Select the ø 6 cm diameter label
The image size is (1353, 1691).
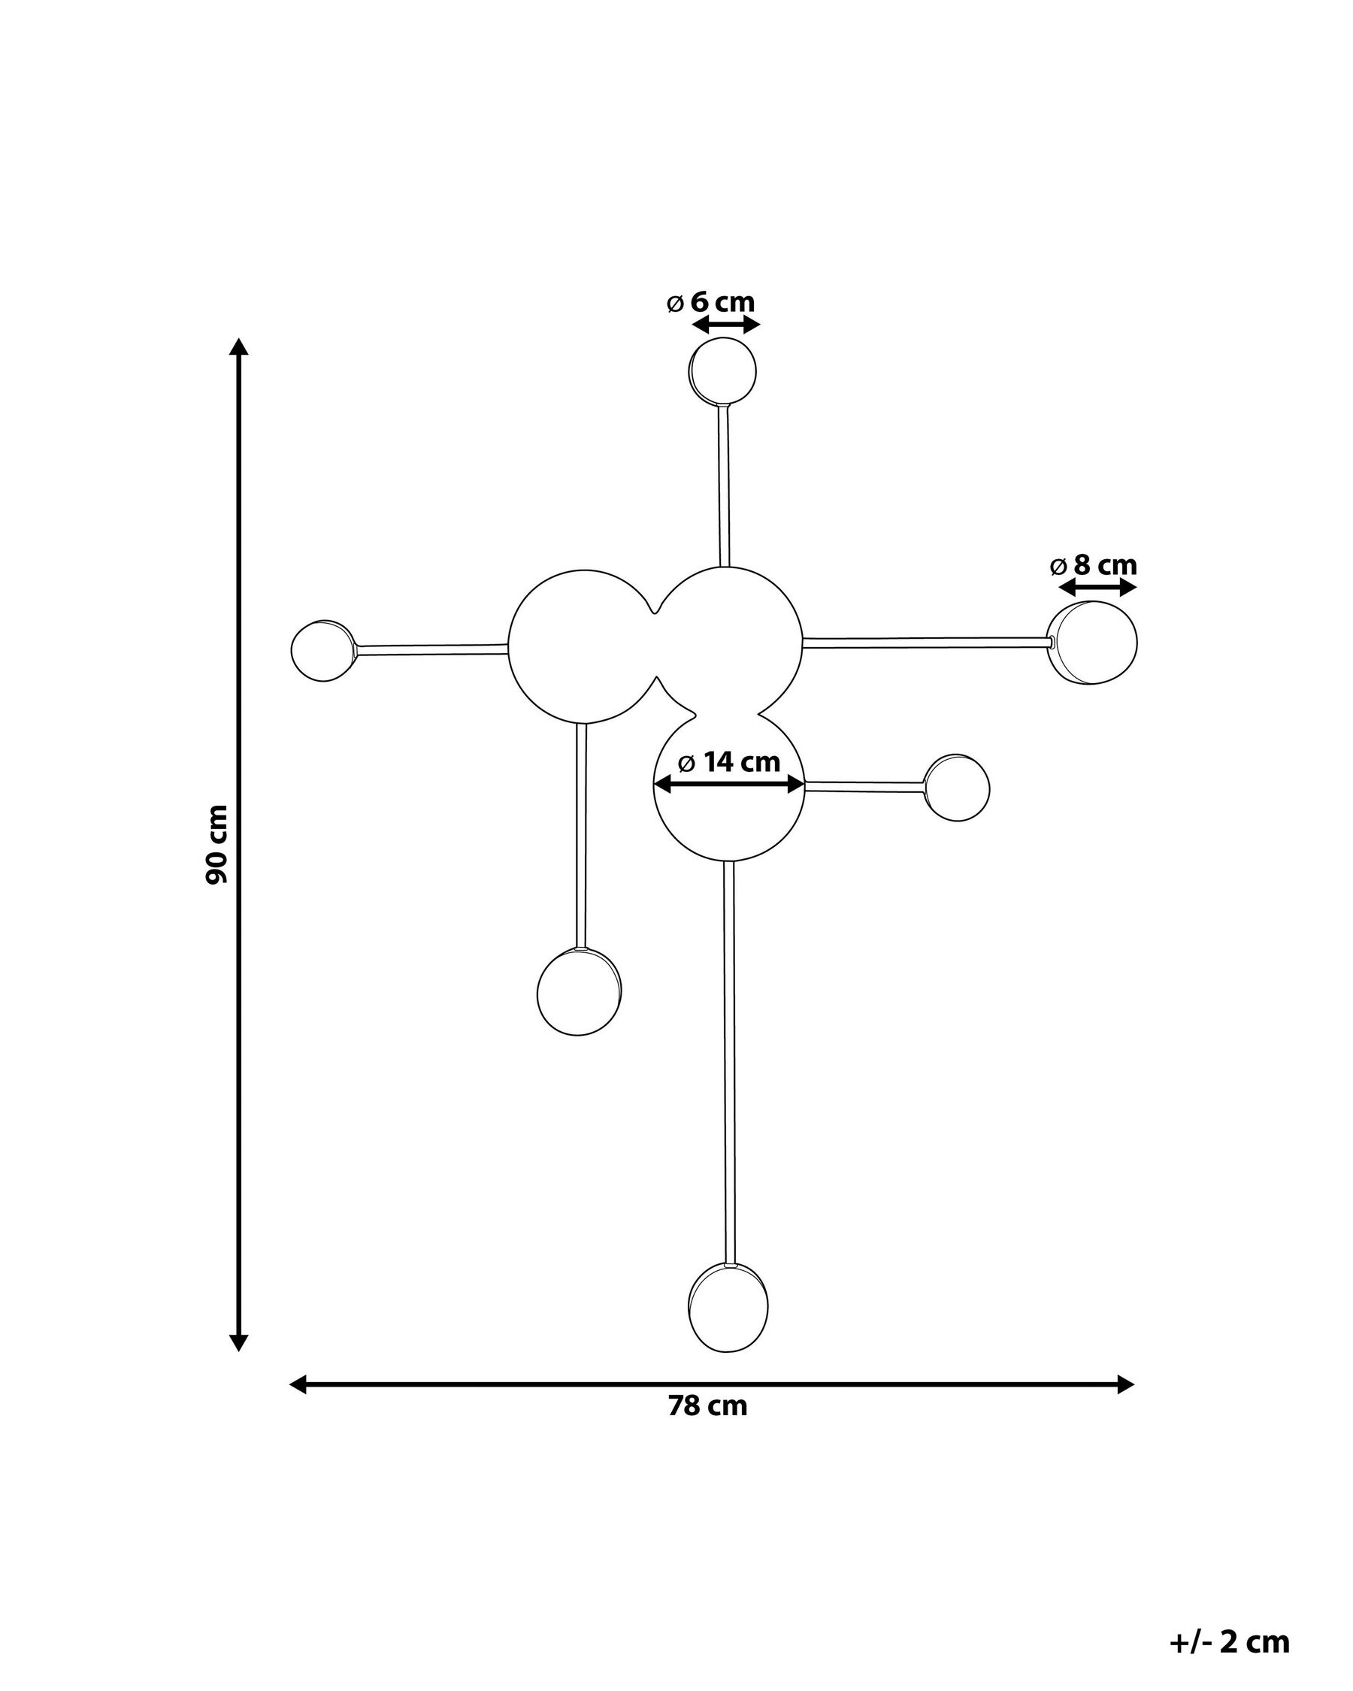[710, 302]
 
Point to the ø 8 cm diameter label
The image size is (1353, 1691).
[1094, 564]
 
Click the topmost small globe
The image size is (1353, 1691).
[722, 371]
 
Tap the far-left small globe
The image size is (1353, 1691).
[323, 650]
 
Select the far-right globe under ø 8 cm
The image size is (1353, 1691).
[1092, 643]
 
